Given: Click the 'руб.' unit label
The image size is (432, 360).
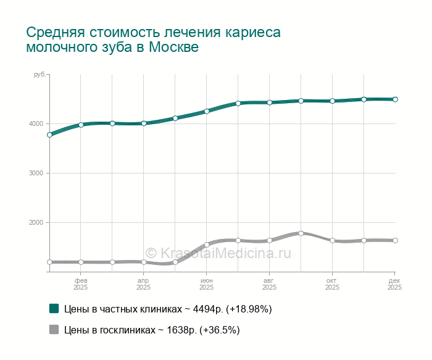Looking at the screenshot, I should pos(39,75).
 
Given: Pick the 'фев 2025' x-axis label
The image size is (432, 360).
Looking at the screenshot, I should pos(81,284).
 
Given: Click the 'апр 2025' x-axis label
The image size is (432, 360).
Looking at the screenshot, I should pos(144,284).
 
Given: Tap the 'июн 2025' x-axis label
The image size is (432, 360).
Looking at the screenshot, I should pos(207,284).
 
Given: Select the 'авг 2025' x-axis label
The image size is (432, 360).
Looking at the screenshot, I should pos(270,284).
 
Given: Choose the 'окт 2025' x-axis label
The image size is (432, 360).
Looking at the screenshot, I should pos(332,284).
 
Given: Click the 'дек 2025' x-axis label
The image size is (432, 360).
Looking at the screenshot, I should pos(394,284).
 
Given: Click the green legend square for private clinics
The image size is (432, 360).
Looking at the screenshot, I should pos(54,308).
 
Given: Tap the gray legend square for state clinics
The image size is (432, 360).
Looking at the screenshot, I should pos(54,330).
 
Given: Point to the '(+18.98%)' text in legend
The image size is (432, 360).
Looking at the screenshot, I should pos(249,309).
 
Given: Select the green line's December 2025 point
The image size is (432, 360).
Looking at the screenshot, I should pos(395,99).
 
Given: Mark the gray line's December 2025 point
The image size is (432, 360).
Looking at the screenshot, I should pos(395,240).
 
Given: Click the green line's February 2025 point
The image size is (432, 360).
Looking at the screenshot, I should pos(81,125).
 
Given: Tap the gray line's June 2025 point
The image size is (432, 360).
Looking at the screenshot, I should pos(207,245).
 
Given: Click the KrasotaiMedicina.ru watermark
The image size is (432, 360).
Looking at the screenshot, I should pos(218,253).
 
